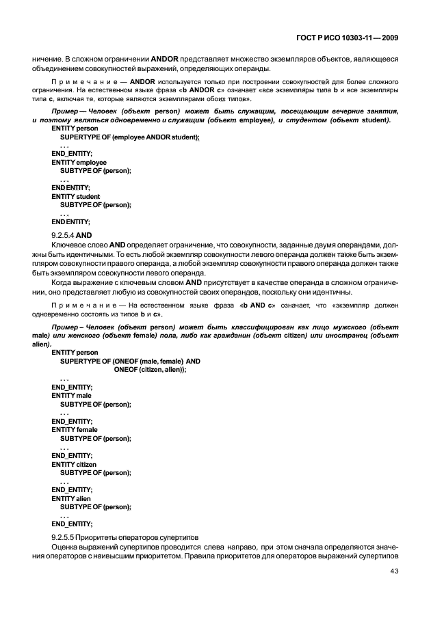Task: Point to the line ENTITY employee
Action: click(x=79, y=163)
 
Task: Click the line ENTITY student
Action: click(x=76, y=196)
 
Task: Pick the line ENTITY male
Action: click(x=71, y=396)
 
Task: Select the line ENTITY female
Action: click(x=75, y=429)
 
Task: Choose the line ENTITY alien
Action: click(x=72, y=498)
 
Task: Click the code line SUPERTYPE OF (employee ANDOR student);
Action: click(x=130, y=137)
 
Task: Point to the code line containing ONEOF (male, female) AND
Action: click(x=130, y=361)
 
